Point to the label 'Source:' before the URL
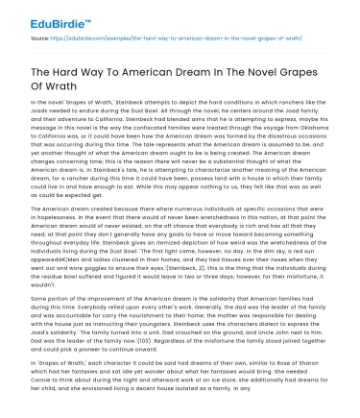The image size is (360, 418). coord(39,39)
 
